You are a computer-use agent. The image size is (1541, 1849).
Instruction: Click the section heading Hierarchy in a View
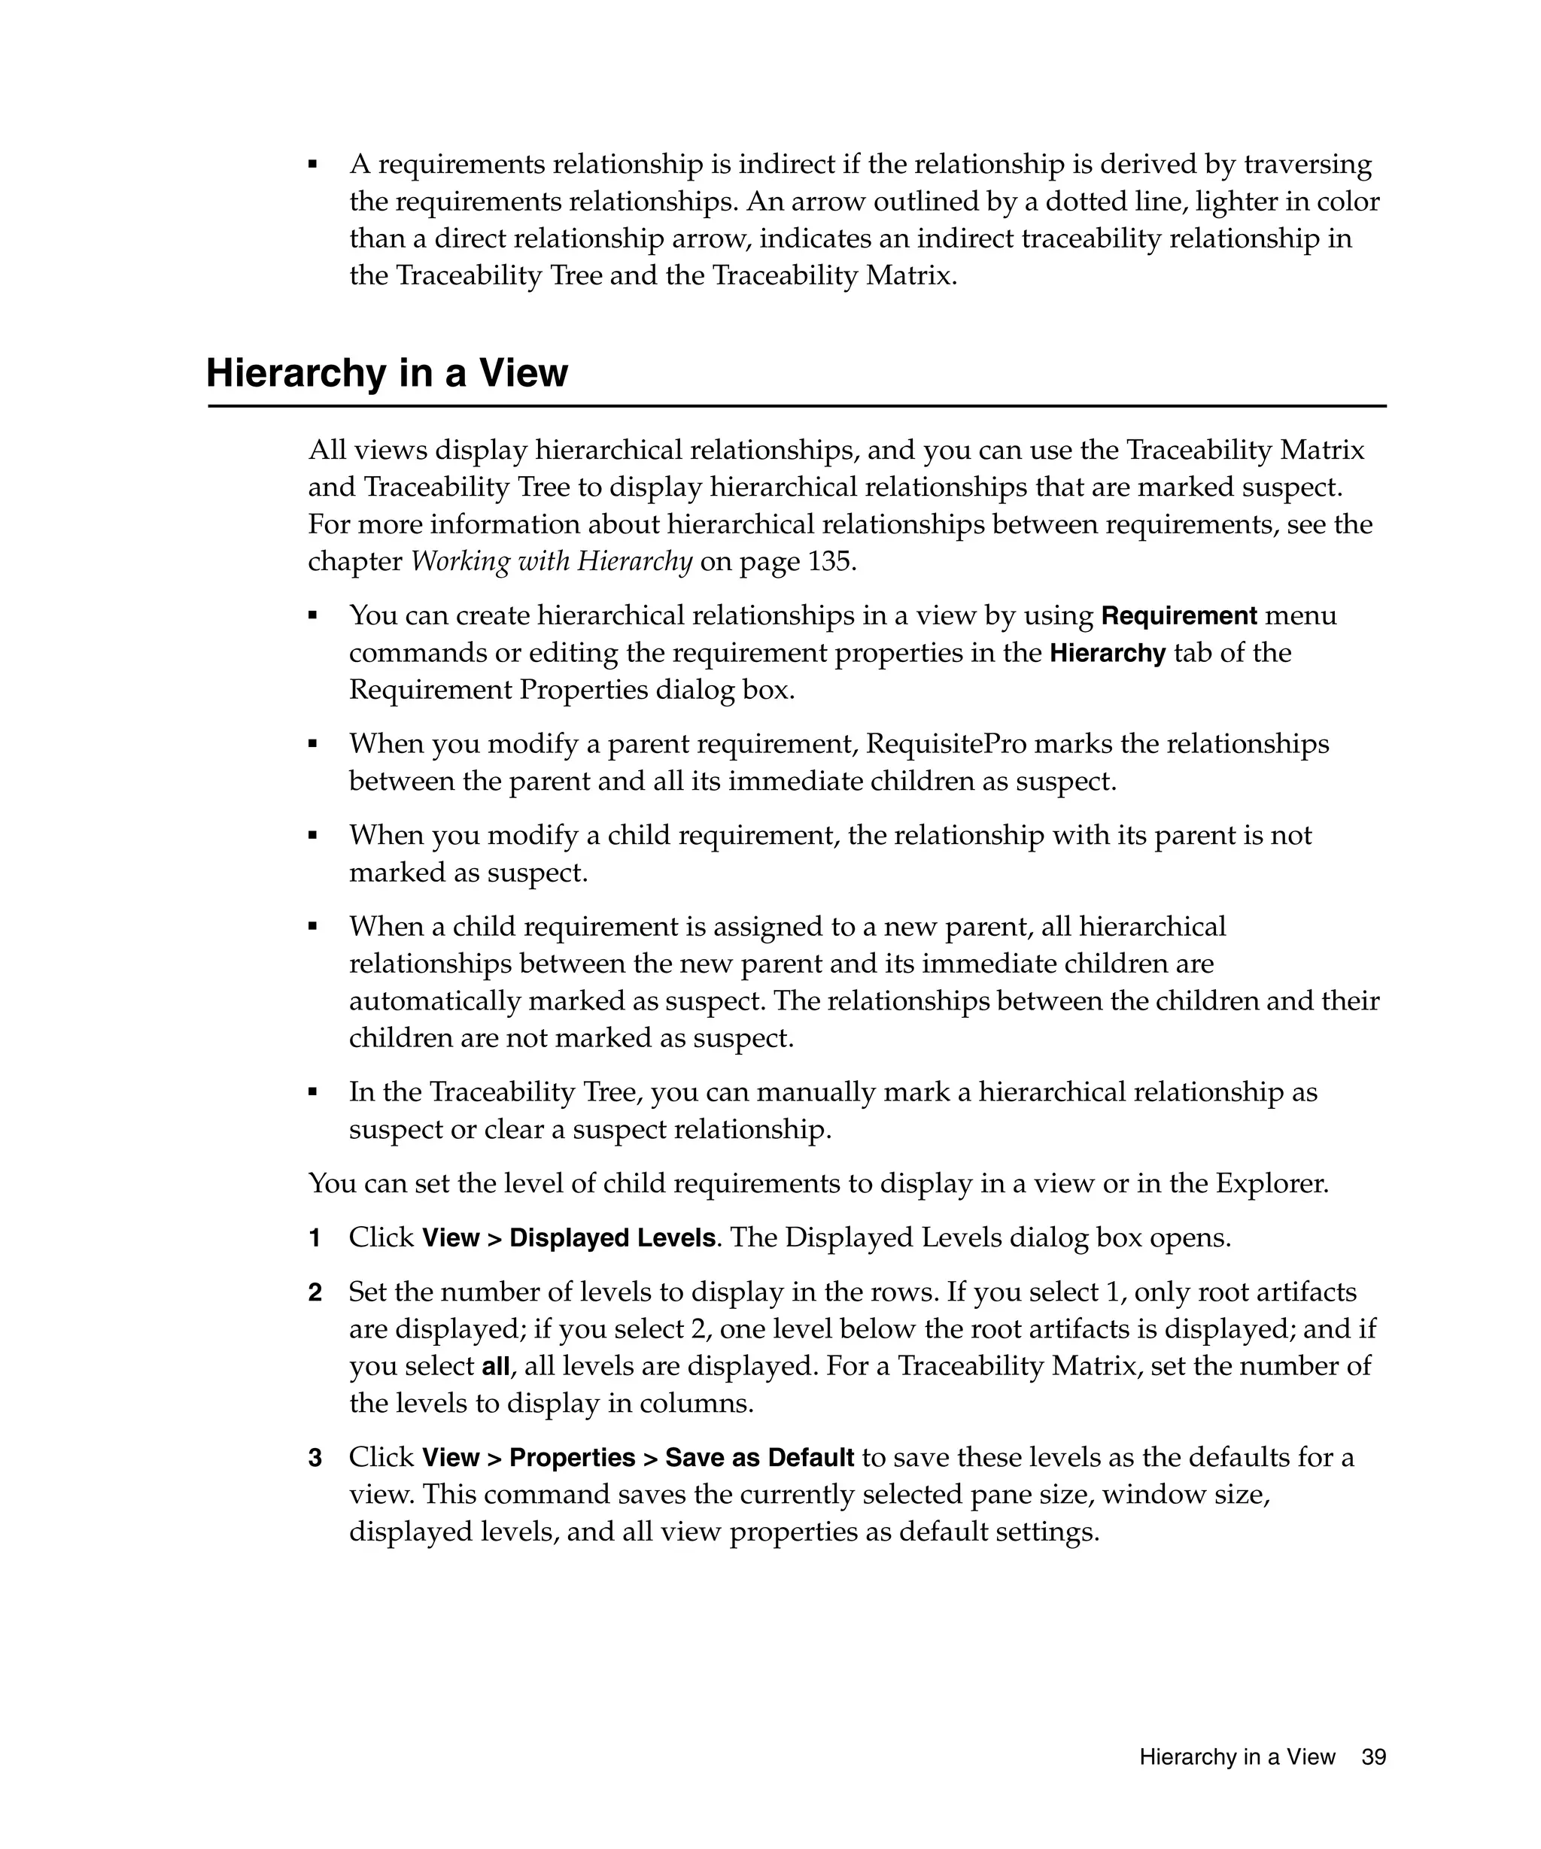(387, 373)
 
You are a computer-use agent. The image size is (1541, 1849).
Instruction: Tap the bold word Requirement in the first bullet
(1178, 615)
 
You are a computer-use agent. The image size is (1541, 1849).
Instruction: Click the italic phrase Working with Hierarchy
(552, 562)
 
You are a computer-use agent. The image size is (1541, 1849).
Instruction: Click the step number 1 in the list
(315, 1239)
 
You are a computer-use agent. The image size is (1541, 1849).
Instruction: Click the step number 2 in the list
(315, 1293)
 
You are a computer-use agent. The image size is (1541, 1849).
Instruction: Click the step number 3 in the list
(315, 1459)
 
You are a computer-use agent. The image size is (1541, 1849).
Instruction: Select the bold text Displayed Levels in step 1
(612, 1239)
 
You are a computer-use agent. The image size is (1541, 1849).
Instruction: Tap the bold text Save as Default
(759, 1459)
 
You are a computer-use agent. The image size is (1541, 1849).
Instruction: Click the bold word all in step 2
(496, 1368)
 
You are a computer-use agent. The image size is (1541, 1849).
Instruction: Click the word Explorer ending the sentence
(1271, 1183)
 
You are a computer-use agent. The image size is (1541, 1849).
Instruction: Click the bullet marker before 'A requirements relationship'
(312, 164)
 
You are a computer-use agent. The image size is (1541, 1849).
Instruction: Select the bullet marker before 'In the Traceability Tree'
(312, 1091)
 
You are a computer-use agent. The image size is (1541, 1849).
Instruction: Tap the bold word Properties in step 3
(573, 1459)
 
